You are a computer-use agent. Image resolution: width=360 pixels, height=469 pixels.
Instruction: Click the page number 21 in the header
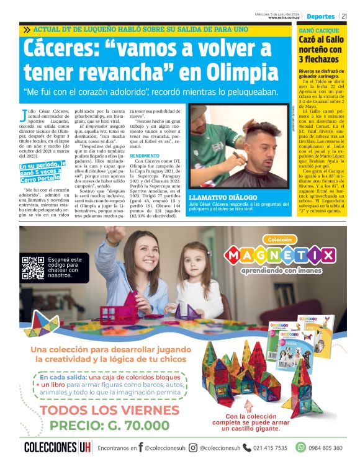coord(351,16)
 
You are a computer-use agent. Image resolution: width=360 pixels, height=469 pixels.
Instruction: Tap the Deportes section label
coord(321,16)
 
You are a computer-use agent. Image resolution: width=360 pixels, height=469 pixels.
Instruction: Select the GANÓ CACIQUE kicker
coord(318,30)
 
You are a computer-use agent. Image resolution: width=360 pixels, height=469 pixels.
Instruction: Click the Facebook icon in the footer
coord(140,447)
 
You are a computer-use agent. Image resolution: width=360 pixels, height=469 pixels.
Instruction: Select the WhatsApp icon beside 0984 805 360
coord(301,447)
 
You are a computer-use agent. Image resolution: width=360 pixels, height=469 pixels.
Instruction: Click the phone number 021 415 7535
coord(269,447)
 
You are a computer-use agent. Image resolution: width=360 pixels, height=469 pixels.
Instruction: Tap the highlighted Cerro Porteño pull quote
coord(43,171)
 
